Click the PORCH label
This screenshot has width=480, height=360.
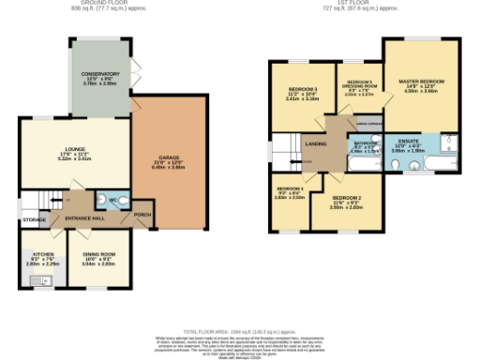click(x=142, y=215)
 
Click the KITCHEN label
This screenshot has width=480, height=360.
click(x=41, y=255)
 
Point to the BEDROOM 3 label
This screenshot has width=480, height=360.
click(x=303, y=90)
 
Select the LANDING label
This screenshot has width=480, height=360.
click(x=316, y=143)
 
